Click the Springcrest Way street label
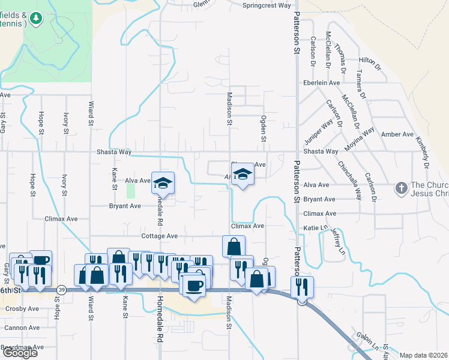(267, 5)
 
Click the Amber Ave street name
(397, 134)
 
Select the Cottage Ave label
(160, 236)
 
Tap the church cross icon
(401, 188)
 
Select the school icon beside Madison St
(243, 175)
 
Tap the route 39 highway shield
(62, 290)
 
